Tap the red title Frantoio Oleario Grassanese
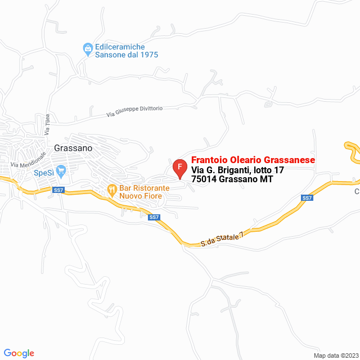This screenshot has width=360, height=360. (253, 160)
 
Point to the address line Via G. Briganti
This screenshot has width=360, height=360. (237, 170)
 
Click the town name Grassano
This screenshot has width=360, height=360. (73, 148)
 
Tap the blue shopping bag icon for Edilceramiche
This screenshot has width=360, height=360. (88, 49)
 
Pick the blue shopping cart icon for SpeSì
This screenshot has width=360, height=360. (63, 170)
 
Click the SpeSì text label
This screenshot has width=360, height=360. (44, 173)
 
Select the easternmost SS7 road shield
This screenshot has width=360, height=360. (307, 198)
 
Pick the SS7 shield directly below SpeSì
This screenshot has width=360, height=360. (59, 190)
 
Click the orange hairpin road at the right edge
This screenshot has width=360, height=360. (352, 151)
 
